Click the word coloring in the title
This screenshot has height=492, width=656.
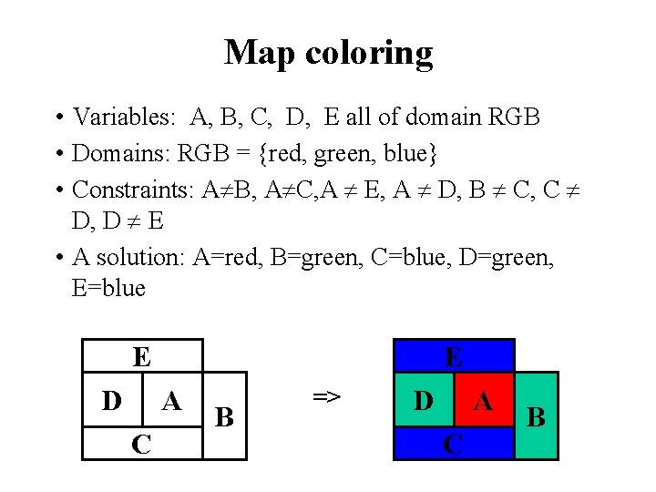(x=369, y=54)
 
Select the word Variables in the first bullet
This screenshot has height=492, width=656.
(x=127, y=117)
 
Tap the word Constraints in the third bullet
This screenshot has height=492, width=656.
(x=132, y=189)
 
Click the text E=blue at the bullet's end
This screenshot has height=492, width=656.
(x=108, y=288)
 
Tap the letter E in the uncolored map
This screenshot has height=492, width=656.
(x=141, y=356)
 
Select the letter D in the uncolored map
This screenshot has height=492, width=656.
(x=112, y=400)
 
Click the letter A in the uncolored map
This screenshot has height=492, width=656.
(x=171, y=400)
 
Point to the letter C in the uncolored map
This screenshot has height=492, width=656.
(x=141, y=444)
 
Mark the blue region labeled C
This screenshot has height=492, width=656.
(x=453, y=445)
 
